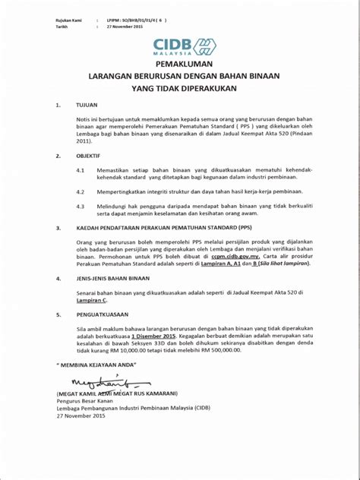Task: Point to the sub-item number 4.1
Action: (80, 172)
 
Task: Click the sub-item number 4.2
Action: (80, 192)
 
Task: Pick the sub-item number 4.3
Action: (80, 207)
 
